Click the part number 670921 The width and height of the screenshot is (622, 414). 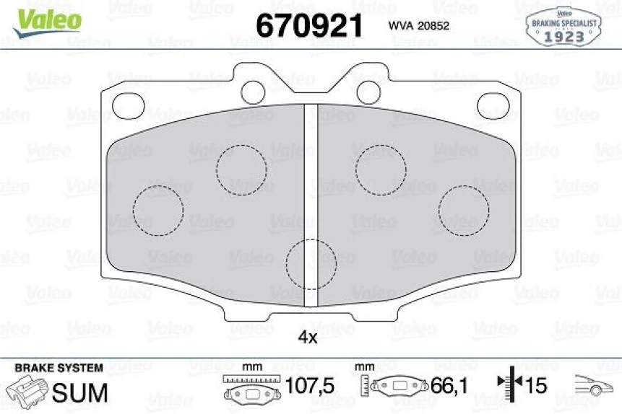[x=308, y=26]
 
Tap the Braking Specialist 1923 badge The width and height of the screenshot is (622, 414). [x=563, y=27]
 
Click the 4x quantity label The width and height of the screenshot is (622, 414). [x=308, y=337]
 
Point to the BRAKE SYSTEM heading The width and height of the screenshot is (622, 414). [x=59, y=368]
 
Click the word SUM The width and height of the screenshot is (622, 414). [x=81, y=392]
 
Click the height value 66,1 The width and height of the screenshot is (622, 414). [x=450, y=387]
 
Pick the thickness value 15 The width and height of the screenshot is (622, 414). [x=535, y=387]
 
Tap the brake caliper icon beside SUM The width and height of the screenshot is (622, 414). [x=28, y=392]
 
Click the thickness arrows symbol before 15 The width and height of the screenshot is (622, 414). [x=509, y=385]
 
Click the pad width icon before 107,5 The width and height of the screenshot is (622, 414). [x=250, y=388]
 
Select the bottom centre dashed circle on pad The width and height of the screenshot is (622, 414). [x=311, y=263]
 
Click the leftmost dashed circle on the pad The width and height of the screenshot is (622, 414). [x=158, y=210]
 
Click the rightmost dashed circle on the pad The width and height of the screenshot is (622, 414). [x=463, y=210]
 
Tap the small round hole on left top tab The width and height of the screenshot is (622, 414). [x=253, y=90]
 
